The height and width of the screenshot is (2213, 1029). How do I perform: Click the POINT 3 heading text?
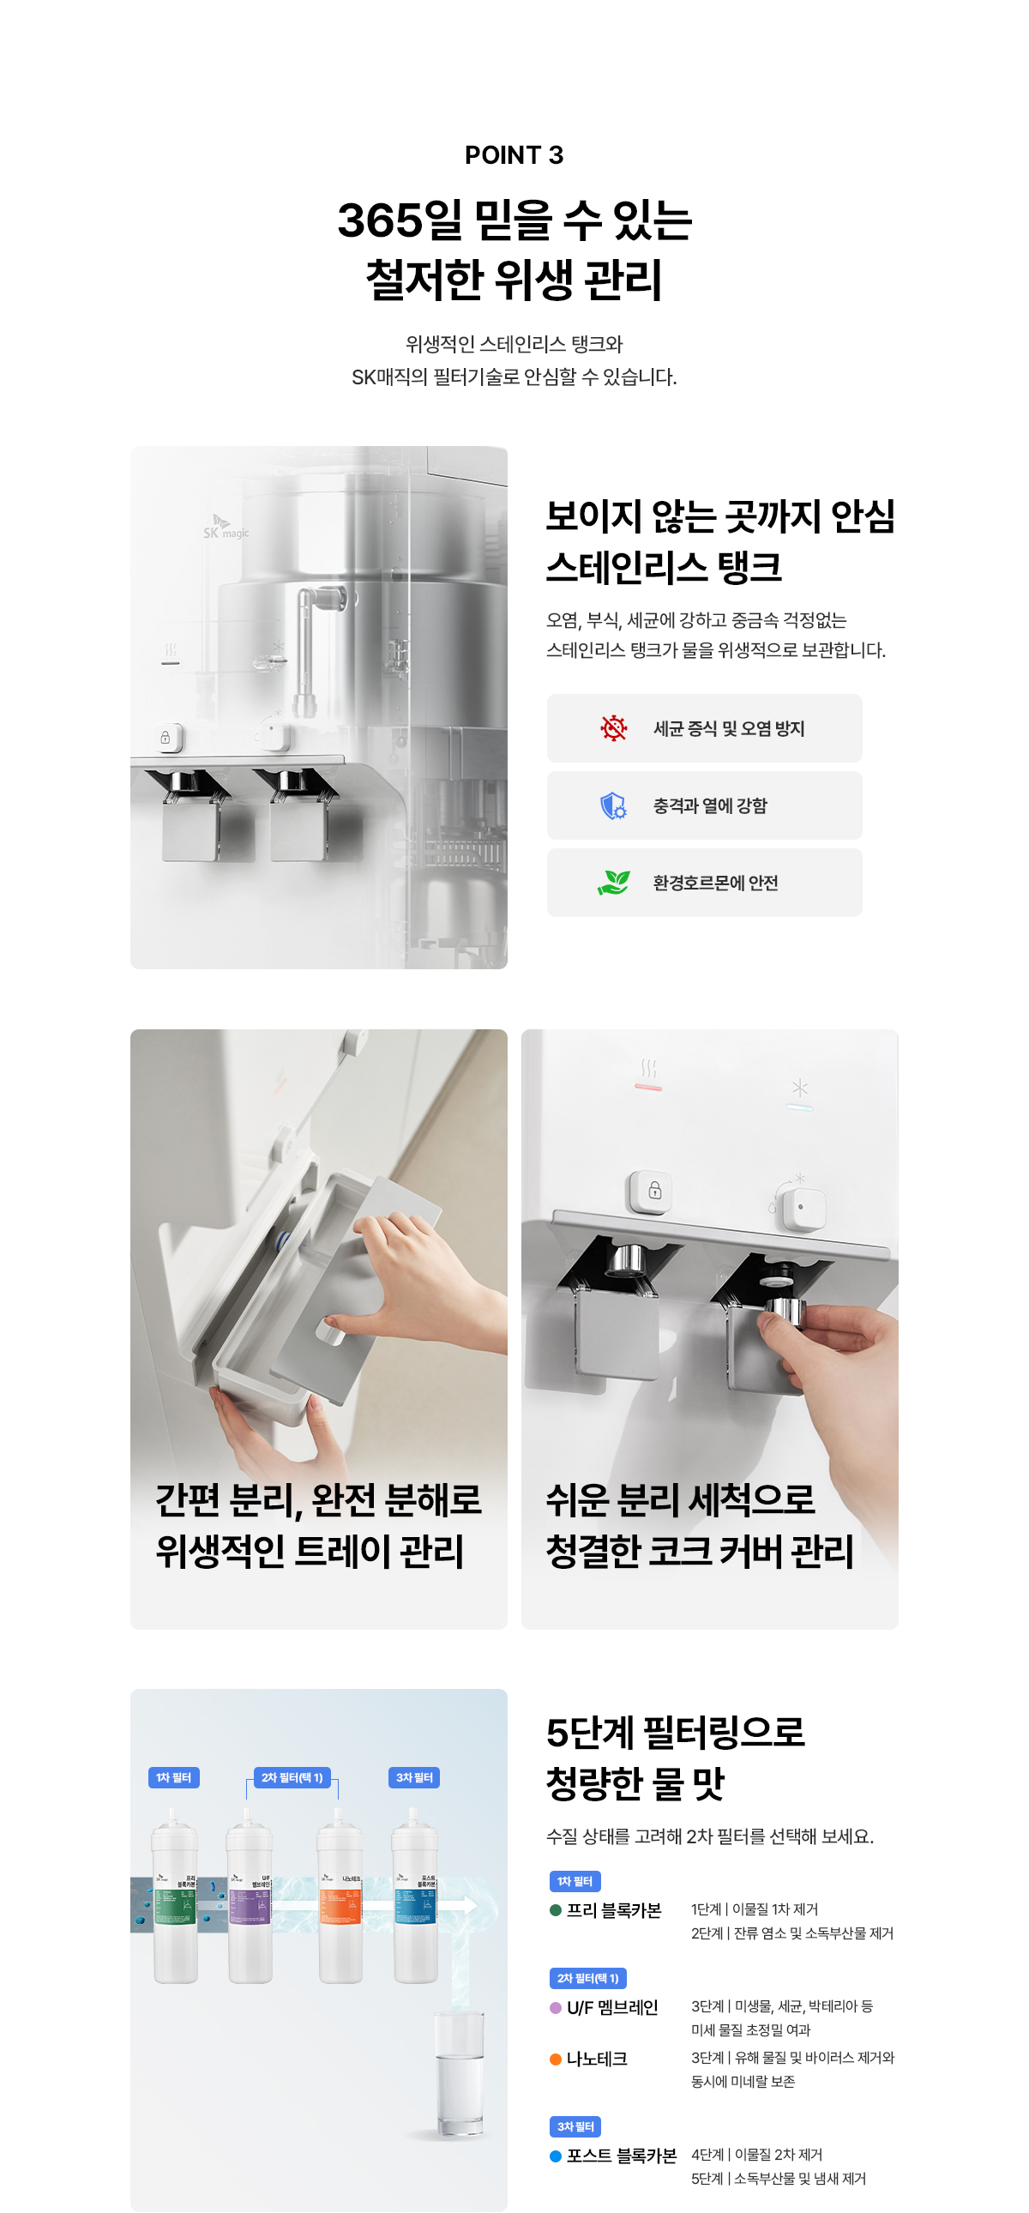514,155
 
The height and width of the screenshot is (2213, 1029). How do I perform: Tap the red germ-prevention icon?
613,728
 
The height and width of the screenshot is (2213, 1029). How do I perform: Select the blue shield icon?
613,805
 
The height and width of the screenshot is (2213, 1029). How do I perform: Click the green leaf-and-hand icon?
613,883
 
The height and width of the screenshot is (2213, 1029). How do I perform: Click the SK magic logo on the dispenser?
225,528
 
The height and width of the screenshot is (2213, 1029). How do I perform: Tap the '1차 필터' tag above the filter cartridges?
173,1777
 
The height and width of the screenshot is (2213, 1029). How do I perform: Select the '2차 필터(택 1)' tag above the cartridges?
292,1777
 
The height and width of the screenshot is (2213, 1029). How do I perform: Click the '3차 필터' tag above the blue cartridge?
414,1777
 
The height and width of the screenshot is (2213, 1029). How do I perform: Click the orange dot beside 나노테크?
556,2059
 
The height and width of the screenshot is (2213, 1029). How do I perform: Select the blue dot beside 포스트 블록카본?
556,2156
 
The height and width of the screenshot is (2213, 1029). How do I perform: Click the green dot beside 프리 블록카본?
556,1910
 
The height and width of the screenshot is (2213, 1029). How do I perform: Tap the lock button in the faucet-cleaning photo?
654,1191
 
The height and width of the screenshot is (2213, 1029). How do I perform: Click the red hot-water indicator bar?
648,1088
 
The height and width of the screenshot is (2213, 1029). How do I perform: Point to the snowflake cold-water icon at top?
800,1088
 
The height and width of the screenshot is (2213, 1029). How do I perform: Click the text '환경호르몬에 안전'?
714,883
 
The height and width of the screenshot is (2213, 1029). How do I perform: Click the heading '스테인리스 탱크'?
663,567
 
